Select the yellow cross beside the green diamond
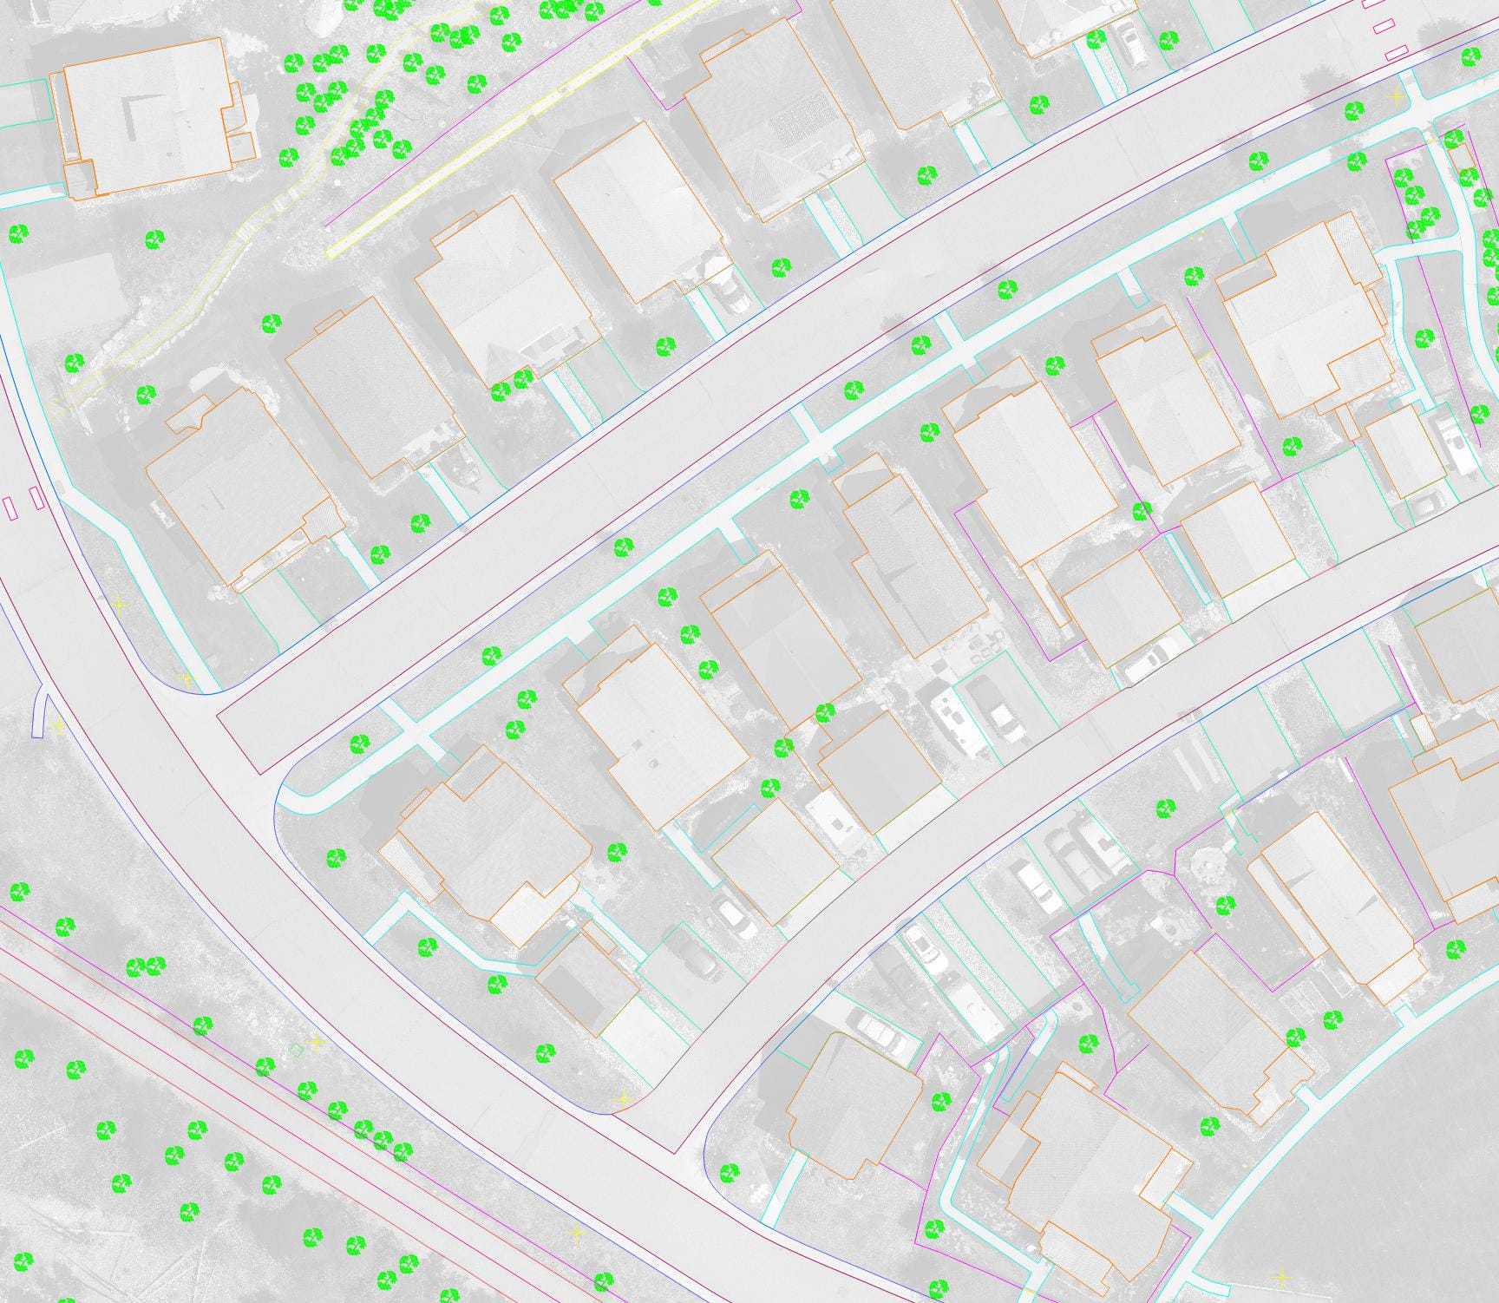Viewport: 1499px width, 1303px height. [317, 1041]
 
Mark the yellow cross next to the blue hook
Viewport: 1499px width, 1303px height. [58, 724]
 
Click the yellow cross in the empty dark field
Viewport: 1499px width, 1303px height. [1282, 1277]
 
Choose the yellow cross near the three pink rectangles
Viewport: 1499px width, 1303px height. [1396, 95]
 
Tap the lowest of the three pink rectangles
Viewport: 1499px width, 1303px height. [1396, 53]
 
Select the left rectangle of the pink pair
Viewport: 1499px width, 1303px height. [11, 507]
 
